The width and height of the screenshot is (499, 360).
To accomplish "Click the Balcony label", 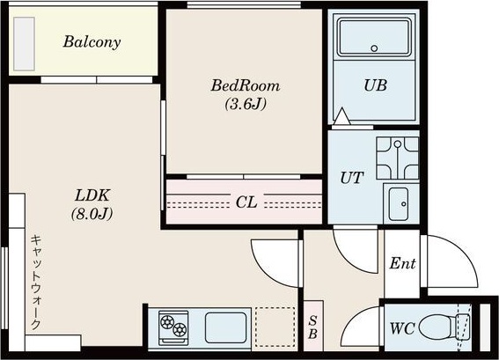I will pyautogui.click(x=92, y=41).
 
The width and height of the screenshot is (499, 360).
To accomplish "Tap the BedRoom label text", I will pyautogui.click(x=245, y=86).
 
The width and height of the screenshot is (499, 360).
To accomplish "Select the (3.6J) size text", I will pyautogui.click(x=245, y=104).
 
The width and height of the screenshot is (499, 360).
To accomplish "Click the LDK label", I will pyautogui.click(x=91, y=195).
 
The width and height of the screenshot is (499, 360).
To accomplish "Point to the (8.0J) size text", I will pyautogui.click(x=91, y=213).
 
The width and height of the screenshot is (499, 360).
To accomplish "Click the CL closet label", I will pyautogui.click(x=246, y=202).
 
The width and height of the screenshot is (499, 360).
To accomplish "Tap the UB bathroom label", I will pyautogui.click(x=376, y=86).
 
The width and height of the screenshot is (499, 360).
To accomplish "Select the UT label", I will pyautogui.click(x=351, y=178).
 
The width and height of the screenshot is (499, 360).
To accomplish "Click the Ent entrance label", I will pyautogui.click(x=402, y=263).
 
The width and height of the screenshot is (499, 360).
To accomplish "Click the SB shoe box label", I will pyautogui.click(x=312, y=328).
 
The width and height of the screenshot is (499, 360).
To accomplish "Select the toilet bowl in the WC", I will pyautogui.click(x=437, y=328).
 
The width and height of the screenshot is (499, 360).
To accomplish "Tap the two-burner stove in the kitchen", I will pyautogui.click(x=173, y=327).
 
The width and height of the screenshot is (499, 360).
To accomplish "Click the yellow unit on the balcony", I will pyautogui.click(x=21, y=41).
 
